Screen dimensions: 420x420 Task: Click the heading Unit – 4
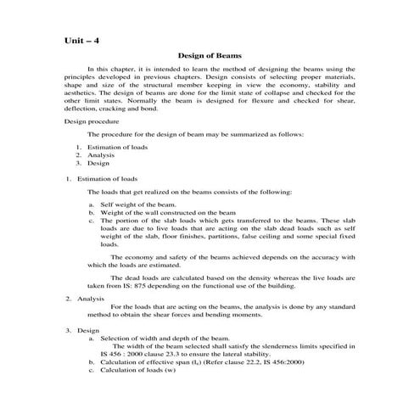pyautogui.click(x=83, y=40)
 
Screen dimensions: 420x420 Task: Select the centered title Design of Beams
pyautogui.click(x=210, y=56)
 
